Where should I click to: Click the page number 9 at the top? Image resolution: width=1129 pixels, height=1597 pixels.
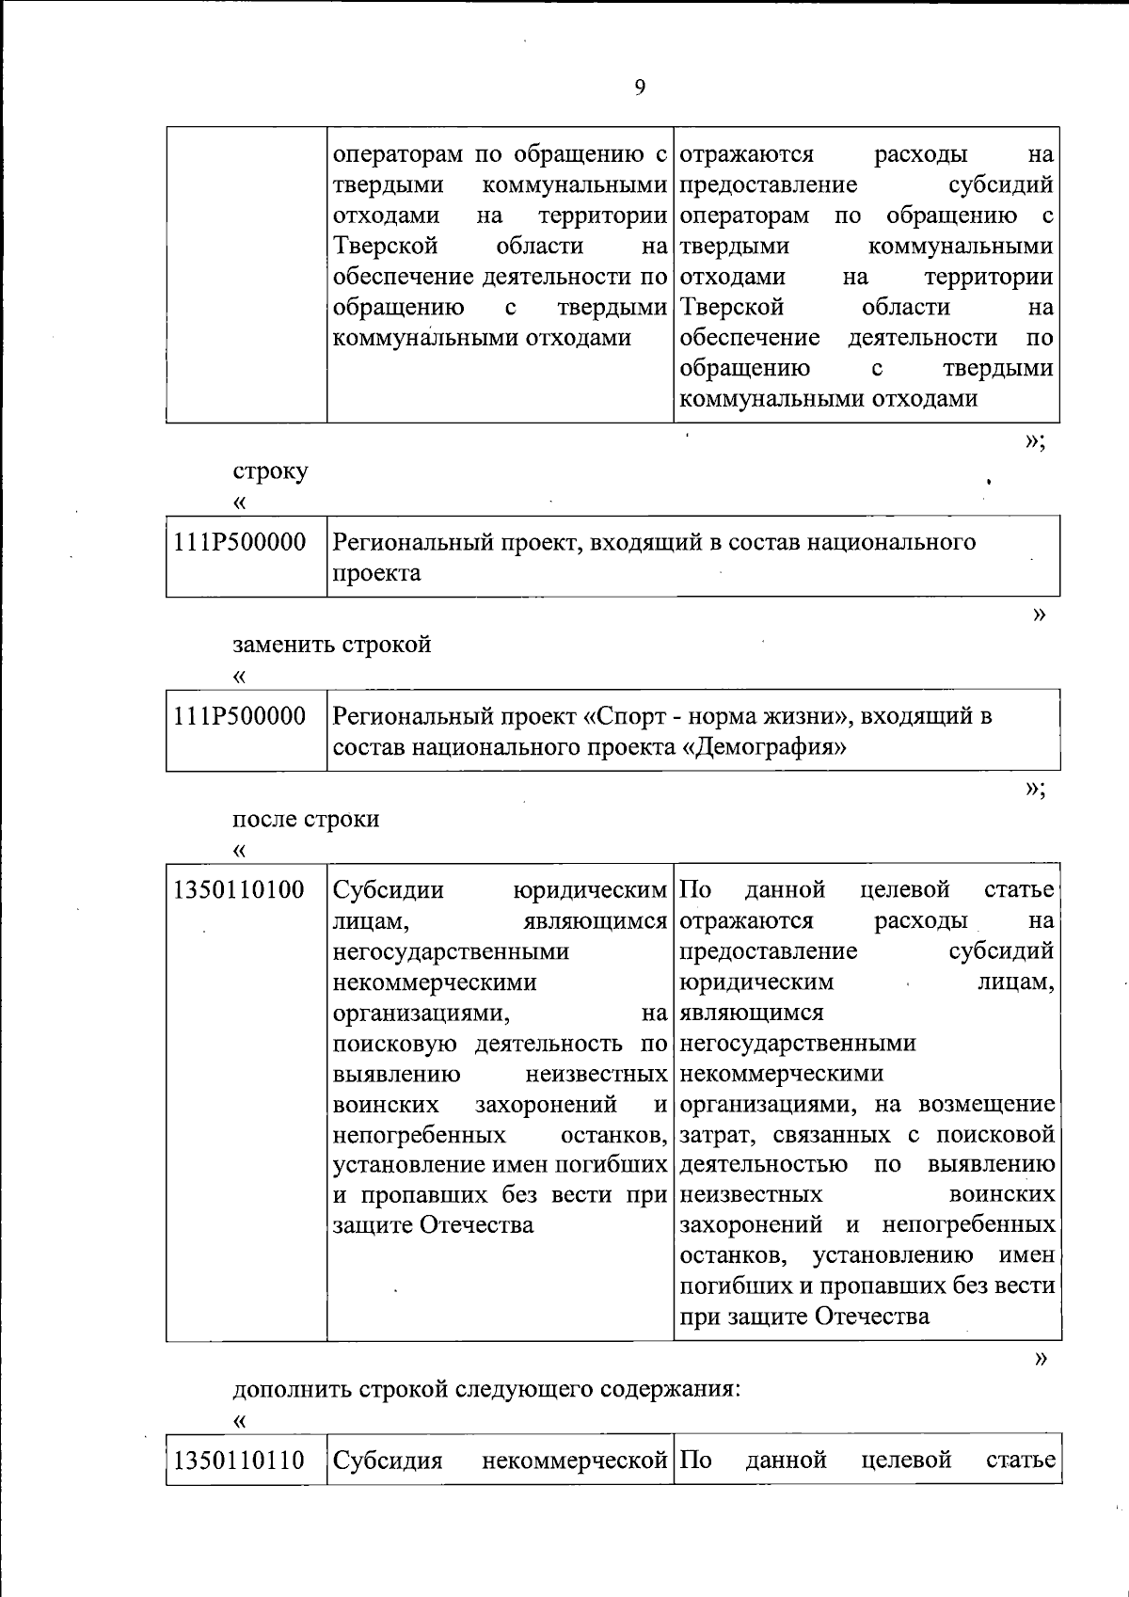pos(640,88)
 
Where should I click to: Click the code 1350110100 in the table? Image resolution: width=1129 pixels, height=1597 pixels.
pos(239,890)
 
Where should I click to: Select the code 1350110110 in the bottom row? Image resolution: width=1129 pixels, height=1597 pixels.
pos(239,1461)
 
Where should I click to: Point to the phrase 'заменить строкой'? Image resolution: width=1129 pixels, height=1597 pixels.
pos(332,646)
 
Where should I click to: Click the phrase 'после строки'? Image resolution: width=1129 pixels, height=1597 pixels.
pos(306,819)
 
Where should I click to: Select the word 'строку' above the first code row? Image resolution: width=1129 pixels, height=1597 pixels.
pos(270,471)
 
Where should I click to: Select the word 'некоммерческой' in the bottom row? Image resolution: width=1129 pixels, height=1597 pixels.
pos(574,1461)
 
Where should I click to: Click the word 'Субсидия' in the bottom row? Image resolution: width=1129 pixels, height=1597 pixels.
pos(388,1461)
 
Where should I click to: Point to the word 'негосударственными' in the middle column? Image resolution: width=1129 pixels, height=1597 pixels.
pos(451,952)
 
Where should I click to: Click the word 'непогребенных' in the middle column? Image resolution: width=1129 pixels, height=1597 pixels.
pos(419,1135)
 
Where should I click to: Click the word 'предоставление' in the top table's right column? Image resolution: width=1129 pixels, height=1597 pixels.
pos(768,185)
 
